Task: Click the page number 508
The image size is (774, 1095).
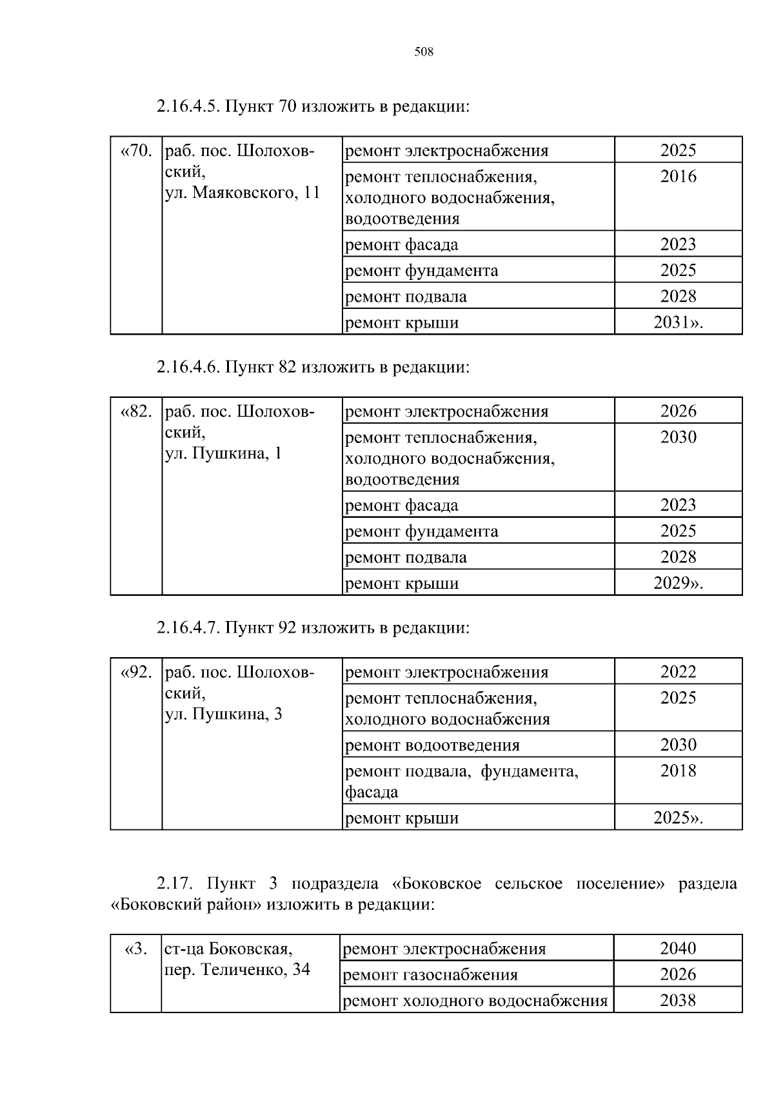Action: coord(423,52)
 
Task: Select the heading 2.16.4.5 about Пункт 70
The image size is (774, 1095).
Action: coord(312,106)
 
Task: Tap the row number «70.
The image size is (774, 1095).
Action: coord(136,151)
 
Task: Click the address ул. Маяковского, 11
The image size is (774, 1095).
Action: coord(243,193)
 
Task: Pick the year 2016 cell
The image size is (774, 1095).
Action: coord(678,177)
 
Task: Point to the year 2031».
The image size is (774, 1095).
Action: coord(678,322)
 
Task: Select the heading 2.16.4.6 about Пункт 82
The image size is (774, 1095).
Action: coord(312,368)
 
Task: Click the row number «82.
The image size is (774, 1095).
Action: coord(136,411)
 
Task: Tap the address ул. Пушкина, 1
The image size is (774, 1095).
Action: coord(224,453)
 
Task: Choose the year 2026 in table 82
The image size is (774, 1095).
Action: coord(678,411)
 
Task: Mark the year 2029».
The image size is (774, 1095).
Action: coord(678,584)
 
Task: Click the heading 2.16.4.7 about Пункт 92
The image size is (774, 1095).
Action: coord(312,628)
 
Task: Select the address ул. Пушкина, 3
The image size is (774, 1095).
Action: coord(224,715)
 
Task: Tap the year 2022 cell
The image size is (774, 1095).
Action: coord(678,672)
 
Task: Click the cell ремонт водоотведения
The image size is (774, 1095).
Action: coord(432,745)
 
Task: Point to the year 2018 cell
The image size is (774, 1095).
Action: coord(678,771)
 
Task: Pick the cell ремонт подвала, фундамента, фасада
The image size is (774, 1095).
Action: coord(461,782)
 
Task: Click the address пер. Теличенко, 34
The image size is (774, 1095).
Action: coord(237,970)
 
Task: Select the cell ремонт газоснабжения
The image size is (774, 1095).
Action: coord(430,975)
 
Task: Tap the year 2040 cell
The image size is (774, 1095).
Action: coord(678,949)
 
